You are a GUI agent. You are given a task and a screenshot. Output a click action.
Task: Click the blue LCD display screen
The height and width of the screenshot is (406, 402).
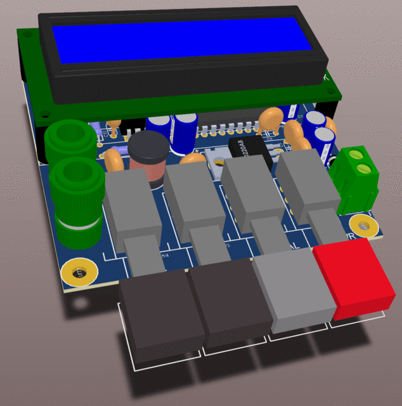[181, 40]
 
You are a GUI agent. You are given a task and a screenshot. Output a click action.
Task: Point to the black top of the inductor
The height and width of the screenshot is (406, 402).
[150, 147]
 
